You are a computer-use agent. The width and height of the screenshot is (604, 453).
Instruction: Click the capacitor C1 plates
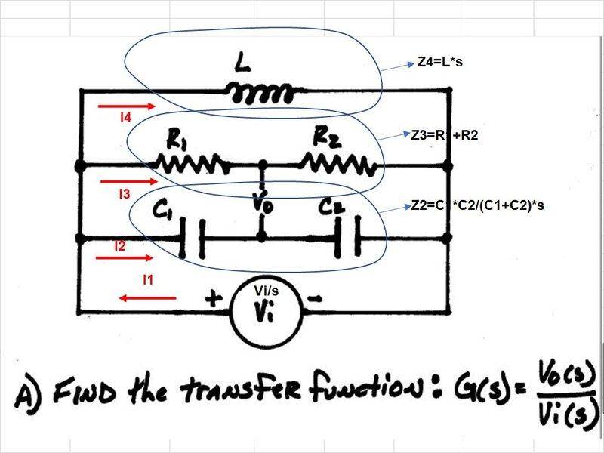[x=191, y=238]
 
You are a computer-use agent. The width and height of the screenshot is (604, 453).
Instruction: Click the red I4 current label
[x=126, y=118]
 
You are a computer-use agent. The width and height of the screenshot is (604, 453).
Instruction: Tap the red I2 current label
[x=119, y=245]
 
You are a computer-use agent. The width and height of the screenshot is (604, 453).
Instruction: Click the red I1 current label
[x=149, y=280]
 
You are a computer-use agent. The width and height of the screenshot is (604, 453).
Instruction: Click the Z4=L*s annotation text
[x=439, y=63]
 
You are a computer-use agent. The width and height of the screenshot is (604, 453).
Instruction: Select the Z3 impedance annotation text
[x=445, y=137]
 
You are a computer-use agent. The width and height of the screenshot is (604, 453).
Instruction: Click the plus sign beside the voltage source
[x=213, y=300]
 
